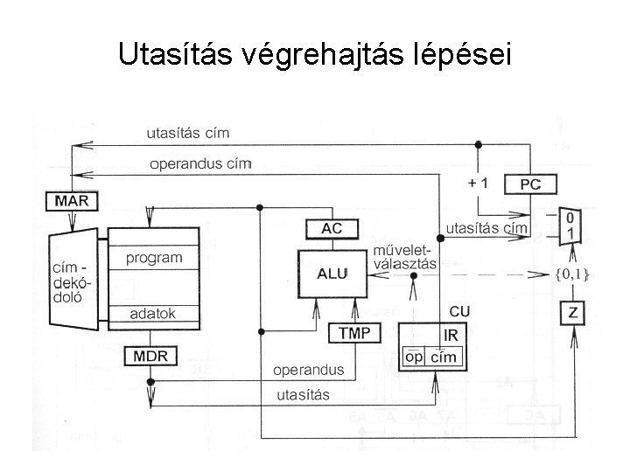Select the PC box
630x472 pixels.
pos(530,185)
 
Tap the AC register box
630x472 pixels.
pos(332,228)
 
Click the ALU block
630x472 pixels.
pos(332,273)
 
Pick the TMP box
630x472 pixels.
pos(354,333)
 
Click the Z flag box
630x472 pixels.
pos(573,313)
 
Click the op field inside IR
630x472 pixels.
pos(415,357)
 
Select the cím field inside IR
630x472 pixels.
pos(444,357)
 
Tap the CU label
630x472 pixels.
pos(459,311)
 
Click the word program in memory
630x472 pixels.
pos(154,258)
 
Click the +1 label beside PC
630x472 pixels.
pos(478,184)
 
